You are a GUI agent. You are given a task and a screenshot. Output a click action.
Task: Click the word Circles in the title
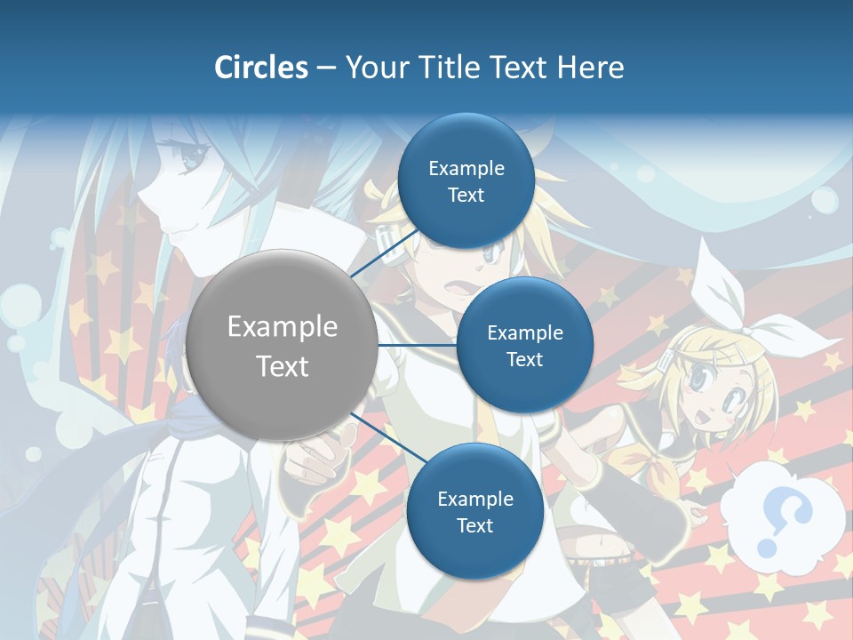[x=260, y=68]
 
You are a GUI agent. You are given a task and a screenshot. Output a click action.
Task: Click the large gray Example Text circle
[x=283, y=346]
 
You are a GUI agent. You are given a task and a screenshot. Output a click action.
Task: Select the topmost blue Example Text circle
[x=466, y=181]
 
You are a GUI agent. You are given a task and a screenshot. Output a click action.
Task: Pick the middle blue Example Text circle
[x=524, y=346]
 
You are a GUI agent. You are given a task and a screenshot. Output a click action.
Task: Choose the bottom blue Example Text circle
[x=474, y=512]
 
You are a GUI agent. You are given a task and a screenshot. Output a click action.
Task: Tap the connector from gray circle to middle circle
[x=417, y=345]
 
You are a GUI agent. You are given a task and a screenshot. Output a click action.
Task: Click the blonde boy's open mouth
[x=454, y=288]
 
